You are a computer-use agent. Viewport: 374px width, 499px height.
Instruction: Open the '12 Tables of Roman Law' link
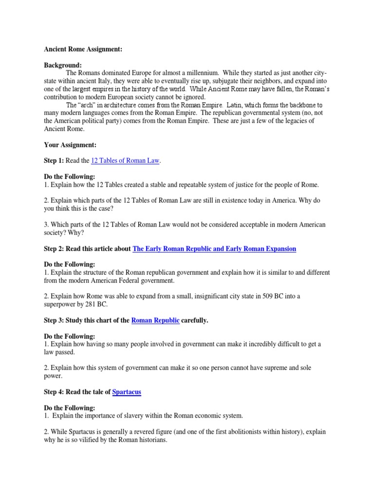[x=125, y=161]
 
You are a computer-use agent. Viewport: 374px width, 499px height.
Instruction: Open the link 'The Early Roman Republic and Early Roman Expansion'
[x=214, y=249]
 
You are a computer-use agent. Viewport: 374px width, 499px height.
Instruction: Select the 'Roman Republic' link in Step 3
[x=155, y=320]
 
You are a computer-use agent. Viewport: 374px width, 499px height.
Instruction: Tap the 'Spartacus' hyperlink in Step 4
[x=127, y=392]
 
